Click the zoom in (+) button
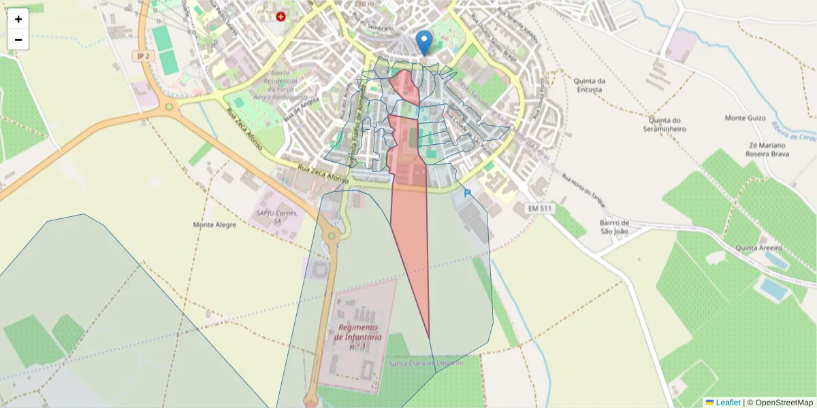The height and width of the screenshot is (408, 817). point(18,19)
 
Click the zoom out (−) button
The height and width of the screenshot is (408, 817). point(18,39)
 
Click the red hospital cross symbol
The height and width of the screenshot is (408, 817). point(281,16)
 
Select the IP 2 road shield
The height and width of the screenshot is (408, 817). point(143,56)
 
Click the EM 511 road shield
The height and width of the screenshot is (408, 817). point(539,208)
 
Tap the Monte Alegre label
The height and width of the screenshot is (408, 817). point(214,224)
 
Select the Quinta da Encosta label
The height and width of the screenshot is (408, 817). point(589,84)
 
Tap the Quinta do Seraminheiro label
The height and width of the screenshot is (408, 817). point(664,124)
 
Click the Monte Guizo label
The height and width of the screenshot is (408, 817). point(744,118)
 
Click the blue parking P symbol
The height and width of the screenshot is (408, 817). point(467,194)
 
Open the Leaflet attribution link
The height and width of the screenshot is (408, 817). point(728,403)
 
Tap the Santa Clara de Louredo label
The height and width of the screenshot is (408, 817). point(426,363)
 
